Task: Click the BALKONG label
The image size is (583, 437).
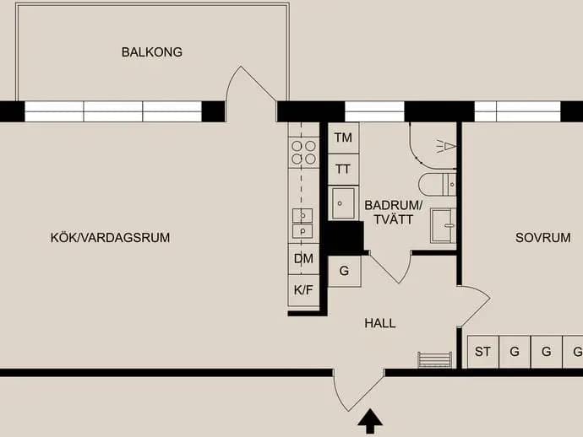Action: pyautogui.click(x=152, y=52)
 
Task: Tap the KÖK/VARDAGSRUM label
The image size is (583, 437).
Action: pyautogui.click(x=110, y=238)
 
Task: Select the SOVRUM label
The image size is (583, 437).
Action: pyautogui.click(x=542, y=238)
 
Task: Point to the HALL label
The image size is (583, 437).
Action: pyautogui.click(x=380, y=323)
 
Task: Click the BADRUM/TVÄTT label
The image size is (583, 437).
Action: pyautogui.click(x=394, y=213)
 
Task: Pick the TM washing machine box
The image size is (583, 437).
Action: pyautogui.click(x=343, y=138)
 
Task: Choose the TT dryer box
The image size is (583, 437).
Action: pyautogui.click(x=343, y=170)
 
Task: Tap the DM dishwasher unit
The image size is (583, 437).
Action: pyautogui.click(x=303, y=259)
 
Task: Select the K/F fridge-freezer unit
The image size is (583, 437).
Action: pyautogui.click(x=303, y=290)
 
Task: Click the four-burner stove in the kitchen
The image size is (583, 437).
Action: pyautogui.click(x=303, y=152)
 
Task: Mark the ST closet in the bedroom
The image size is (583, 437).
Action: pyautogui.click(x=482, y=352)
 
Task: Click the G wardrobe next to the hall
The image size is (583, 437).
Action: pyautogui.click(x=344, y=271)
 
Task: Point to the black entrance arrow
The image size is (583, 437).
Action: pyautogui.click(x=370, y=421)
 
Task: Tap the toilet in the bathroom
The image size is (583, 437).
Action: pyautogui.click(x=438, y=184)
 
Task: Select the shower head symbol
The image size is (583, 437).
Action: pyautogui.click(x=446, y=146)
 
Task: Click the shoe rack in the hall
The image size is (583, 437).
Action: pyautogui.click(x=435, y=359)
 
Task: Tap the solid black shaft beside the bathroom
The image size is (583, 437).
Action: pyautogui.click(x=346, y=238)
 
